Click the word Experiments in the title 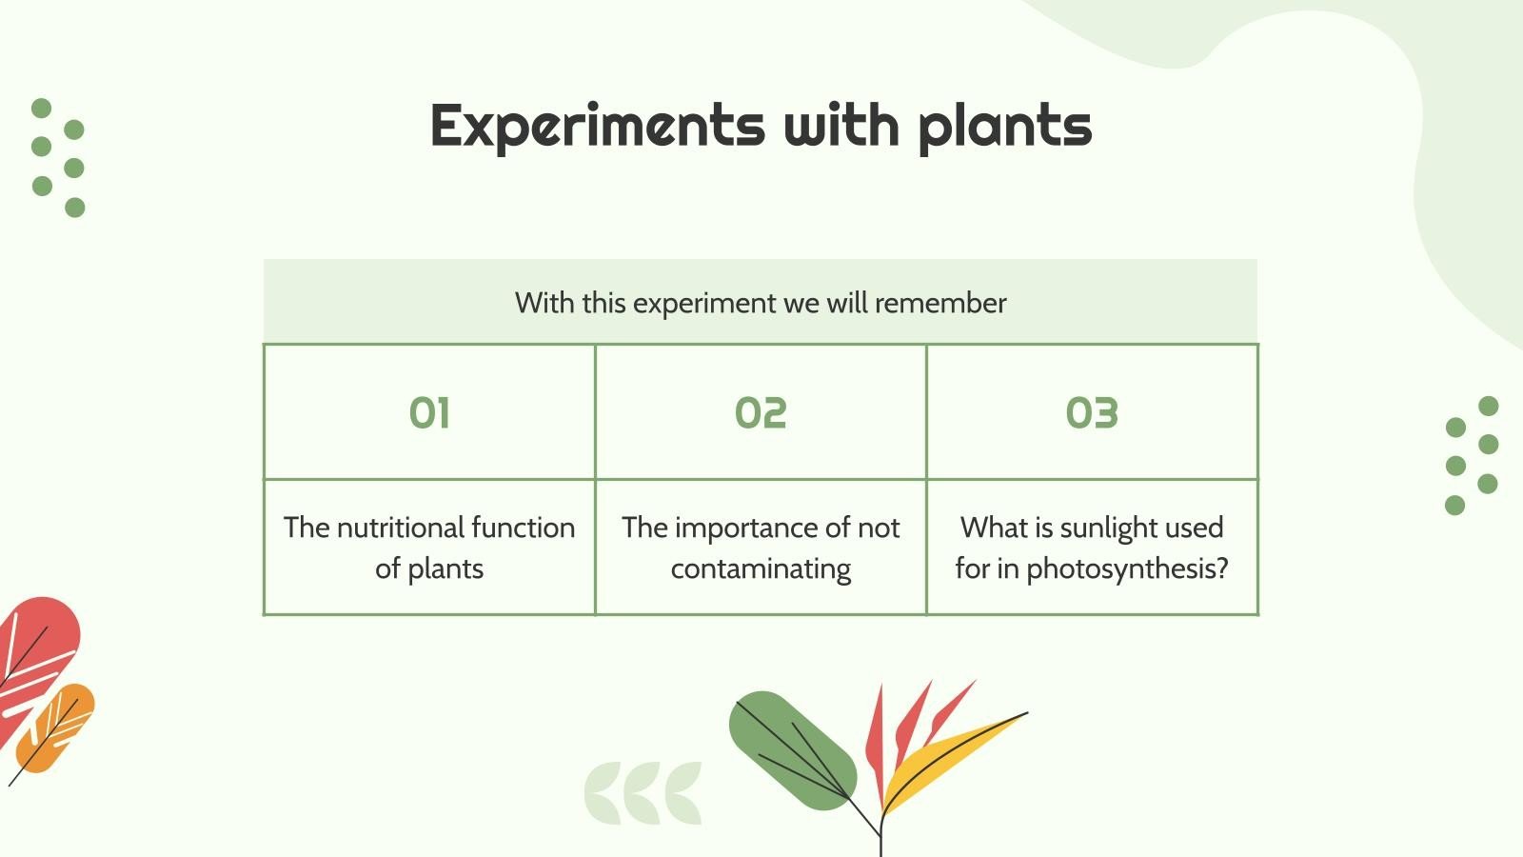click(597, 126)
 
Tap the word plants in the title click(1004, 126)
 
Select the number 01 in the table click(429, 413)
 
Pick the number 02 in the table click(761, 413)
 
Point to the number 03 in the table click(1092, 413)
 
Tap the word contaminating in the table click(761, 569)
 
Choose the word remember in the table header click(940, 303)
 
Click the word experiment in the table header click(704, 303)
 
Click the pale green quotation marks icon click(643, 792)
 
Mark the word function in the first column click(523, 528)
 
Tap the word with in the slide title click(841, 126)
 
